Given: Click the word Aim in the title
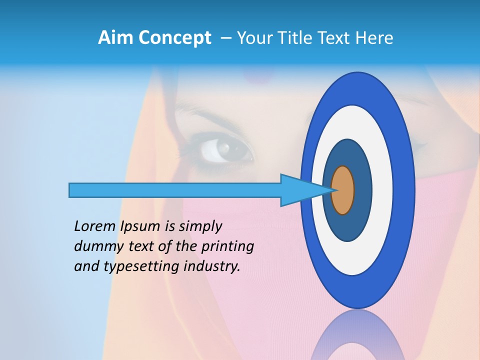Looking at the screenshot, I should [116, 38].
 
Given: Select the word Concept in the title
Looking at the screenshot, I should [175, 38].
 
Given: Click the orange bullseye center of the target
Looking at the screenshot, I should [343, 190].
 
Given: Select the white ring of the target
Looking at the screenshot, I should [383, 190].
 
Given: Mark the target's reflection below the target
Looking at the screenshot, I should [357, 337].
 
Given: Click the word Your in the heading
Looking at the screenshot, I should [254, 38].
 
